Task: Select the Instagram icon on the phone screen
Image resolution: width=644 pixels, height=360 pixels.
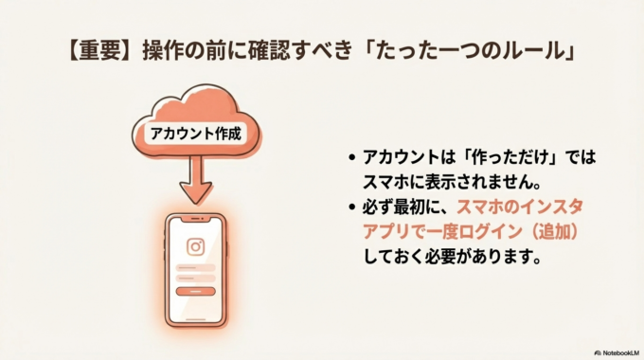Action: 195,247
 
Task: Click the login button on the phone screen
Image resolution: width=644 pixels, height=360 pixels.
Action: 195,291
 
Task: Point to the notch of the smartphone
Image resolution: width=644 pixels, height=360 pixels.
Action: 195,222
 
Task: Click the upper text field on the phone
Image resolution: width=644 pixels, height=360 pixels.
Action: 195,268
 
